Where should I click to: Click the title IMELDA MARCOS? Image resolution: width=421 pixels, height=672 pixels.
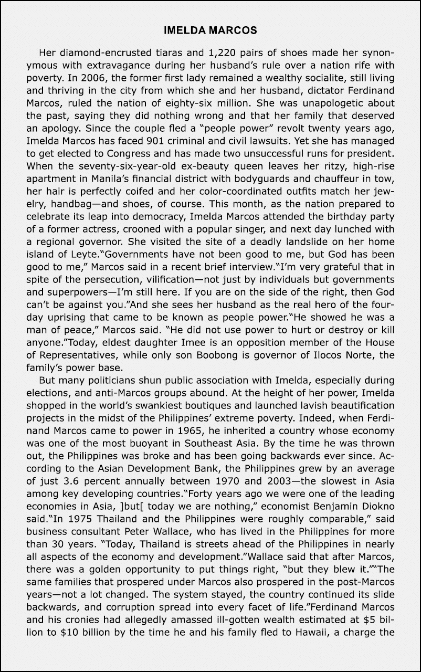click(210, 30)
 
